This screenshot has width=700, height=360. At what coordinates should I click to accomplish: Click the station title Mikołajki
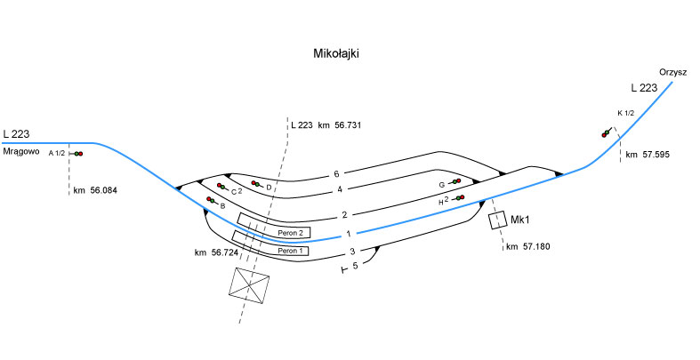click(x=336, y=54)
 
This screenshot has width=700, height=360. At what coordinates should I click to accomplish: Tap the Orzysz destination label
click(x=673, y=72)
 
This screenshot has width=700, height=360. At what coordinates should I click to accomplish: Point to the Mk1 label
click(x=521, y=219)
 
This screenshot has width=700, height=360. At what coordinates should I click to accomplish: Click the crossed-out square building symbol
click(x=250, y=286)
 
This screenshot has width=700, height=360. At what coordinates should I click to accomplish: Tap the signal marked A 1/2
click(x=77, y=154)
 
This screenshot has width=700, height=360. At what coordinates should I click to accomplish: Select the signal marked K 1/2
click(x=607, y=132)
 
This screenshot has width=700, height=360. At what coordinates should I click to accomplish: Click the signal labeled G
click(x=456, y=182)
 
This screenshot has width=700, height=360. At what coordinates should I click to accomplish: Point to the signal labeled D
click(x=255, y=184)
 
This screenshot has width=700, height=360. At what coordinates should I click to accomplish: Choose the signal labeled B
click(x=211, y=200)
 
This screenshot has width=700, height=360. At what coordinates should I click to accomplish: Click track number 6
click(x=336, y=173)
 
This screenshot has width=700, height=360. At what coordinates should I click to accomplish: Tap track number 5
click(x=355, y=266)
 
